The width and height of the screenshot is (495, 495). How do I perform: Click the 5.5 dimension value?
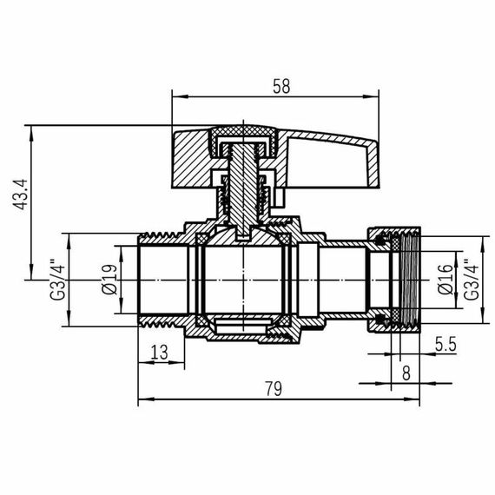tap(445, 343)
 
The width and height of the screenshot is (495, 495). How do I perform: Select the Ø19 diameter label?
tap(109, 278)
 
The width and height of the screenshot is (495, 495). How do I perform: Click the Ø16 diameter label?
tap(444, 277)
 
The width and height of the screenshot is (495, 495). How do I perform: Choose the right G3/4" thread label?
tap(470, 278)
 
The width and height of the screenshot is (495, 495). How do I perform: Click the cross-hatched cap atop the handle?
tap(247, 133)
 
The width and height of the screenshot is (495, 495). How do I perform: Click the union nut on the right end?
tap(395, 278)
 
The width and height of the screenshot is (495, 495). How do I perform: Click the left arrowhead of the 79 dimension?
tap(143, 400)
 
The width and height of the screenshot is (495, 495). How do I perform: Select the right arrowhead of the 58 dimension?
tap(375, 96)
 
